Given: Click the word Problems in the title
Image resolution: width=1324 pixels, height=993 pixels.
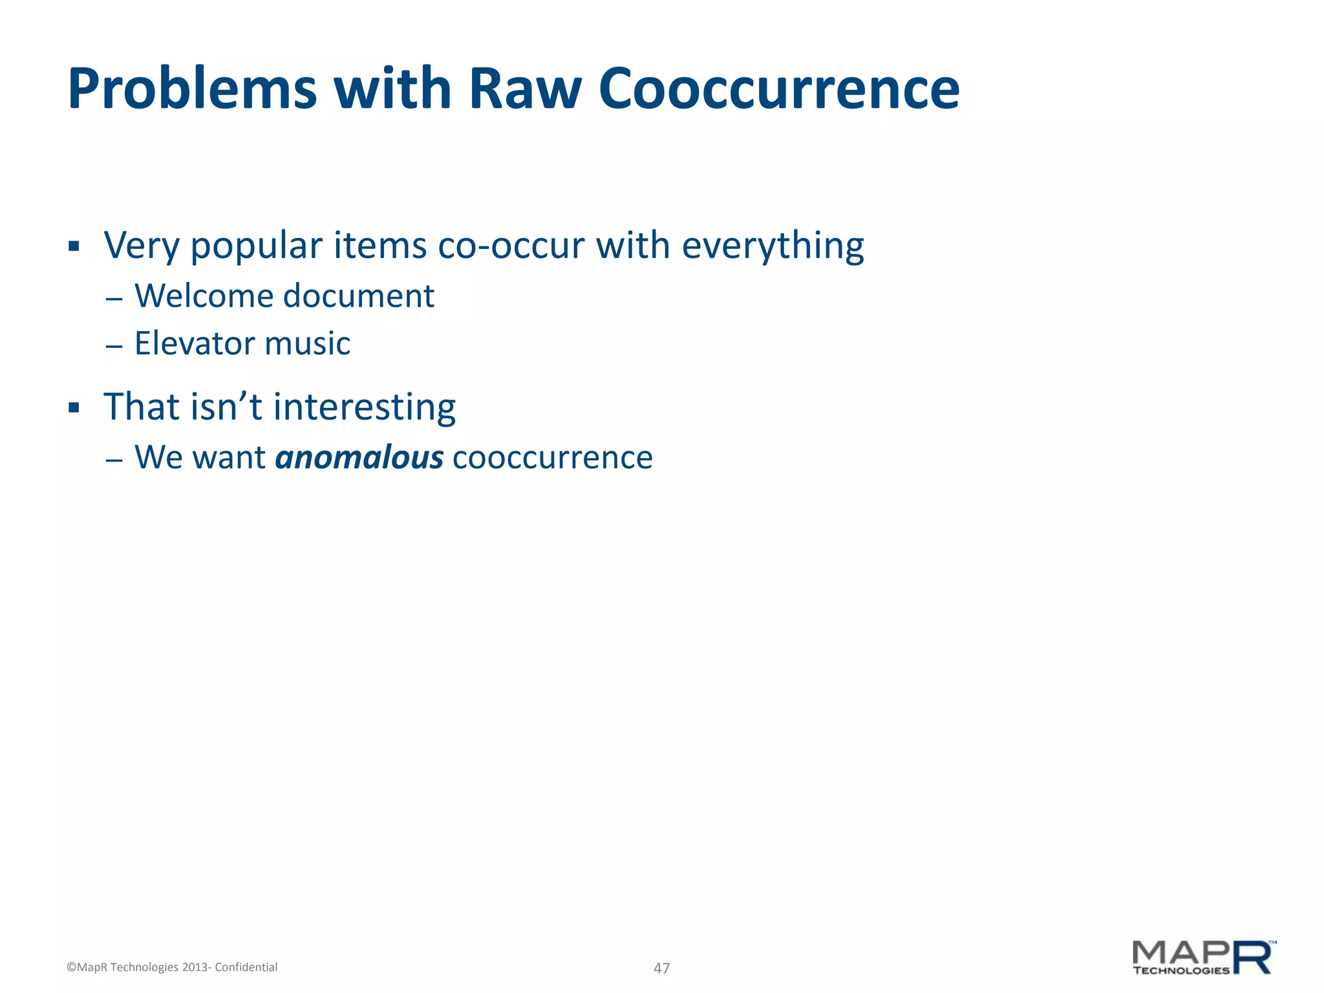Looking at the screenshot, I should pyautogui.click(x=193, y=89).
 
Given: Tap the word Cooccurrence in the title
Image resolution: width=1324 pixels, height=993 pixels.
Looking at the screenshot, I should pyautogui.click(x=779, y=89).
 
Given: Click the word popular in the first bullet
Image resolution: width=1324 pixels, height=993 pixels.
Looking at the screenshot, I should pyautogui.click(x=256, y=247).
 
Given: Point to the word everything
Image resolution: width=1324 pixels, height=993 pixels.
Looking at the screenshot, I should pyautogui.click(x=773, y=247).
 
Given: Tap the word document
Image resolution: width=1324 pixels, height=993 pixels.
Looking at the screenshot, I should pyautogui.click(x=359, y=297).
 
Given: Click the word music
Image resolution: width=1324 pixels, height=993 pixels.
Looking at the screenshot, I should pyautogui.click(x=308, y=343).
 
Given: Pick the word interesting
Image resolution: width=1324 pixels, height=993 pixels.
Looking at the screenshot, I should pyautogui.click(x=365, y=408).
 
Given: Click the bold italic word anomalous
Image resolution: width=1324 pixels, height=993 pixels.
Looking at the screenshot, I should pyautogui.click(x=359, y=458).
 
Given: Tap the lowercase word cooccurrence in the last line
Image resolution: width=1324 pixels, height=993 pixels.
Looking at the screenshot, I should pyautogui.click(x=553, y=458).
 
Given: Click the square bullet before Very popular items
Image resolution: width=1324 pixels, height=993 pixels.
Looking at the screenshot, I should pyautogui.click(x=74, y=246).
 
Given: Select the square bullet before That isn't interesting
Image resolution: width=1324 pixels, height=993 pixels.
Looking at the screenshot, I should pyautogui.click(x=74, y=408).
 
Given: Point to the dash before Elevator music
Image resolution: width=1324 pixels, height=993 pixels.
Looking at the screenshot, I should pyautogui.click(x=114, y=347).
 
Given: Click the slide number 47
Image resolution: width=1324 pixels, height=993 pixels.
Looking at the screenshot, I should pyautogui.click(x=661, y=968).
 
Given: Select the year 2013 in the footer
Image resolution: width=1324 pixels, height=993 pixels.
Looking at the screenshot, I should pyautogui.click(x=194, y=967).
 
